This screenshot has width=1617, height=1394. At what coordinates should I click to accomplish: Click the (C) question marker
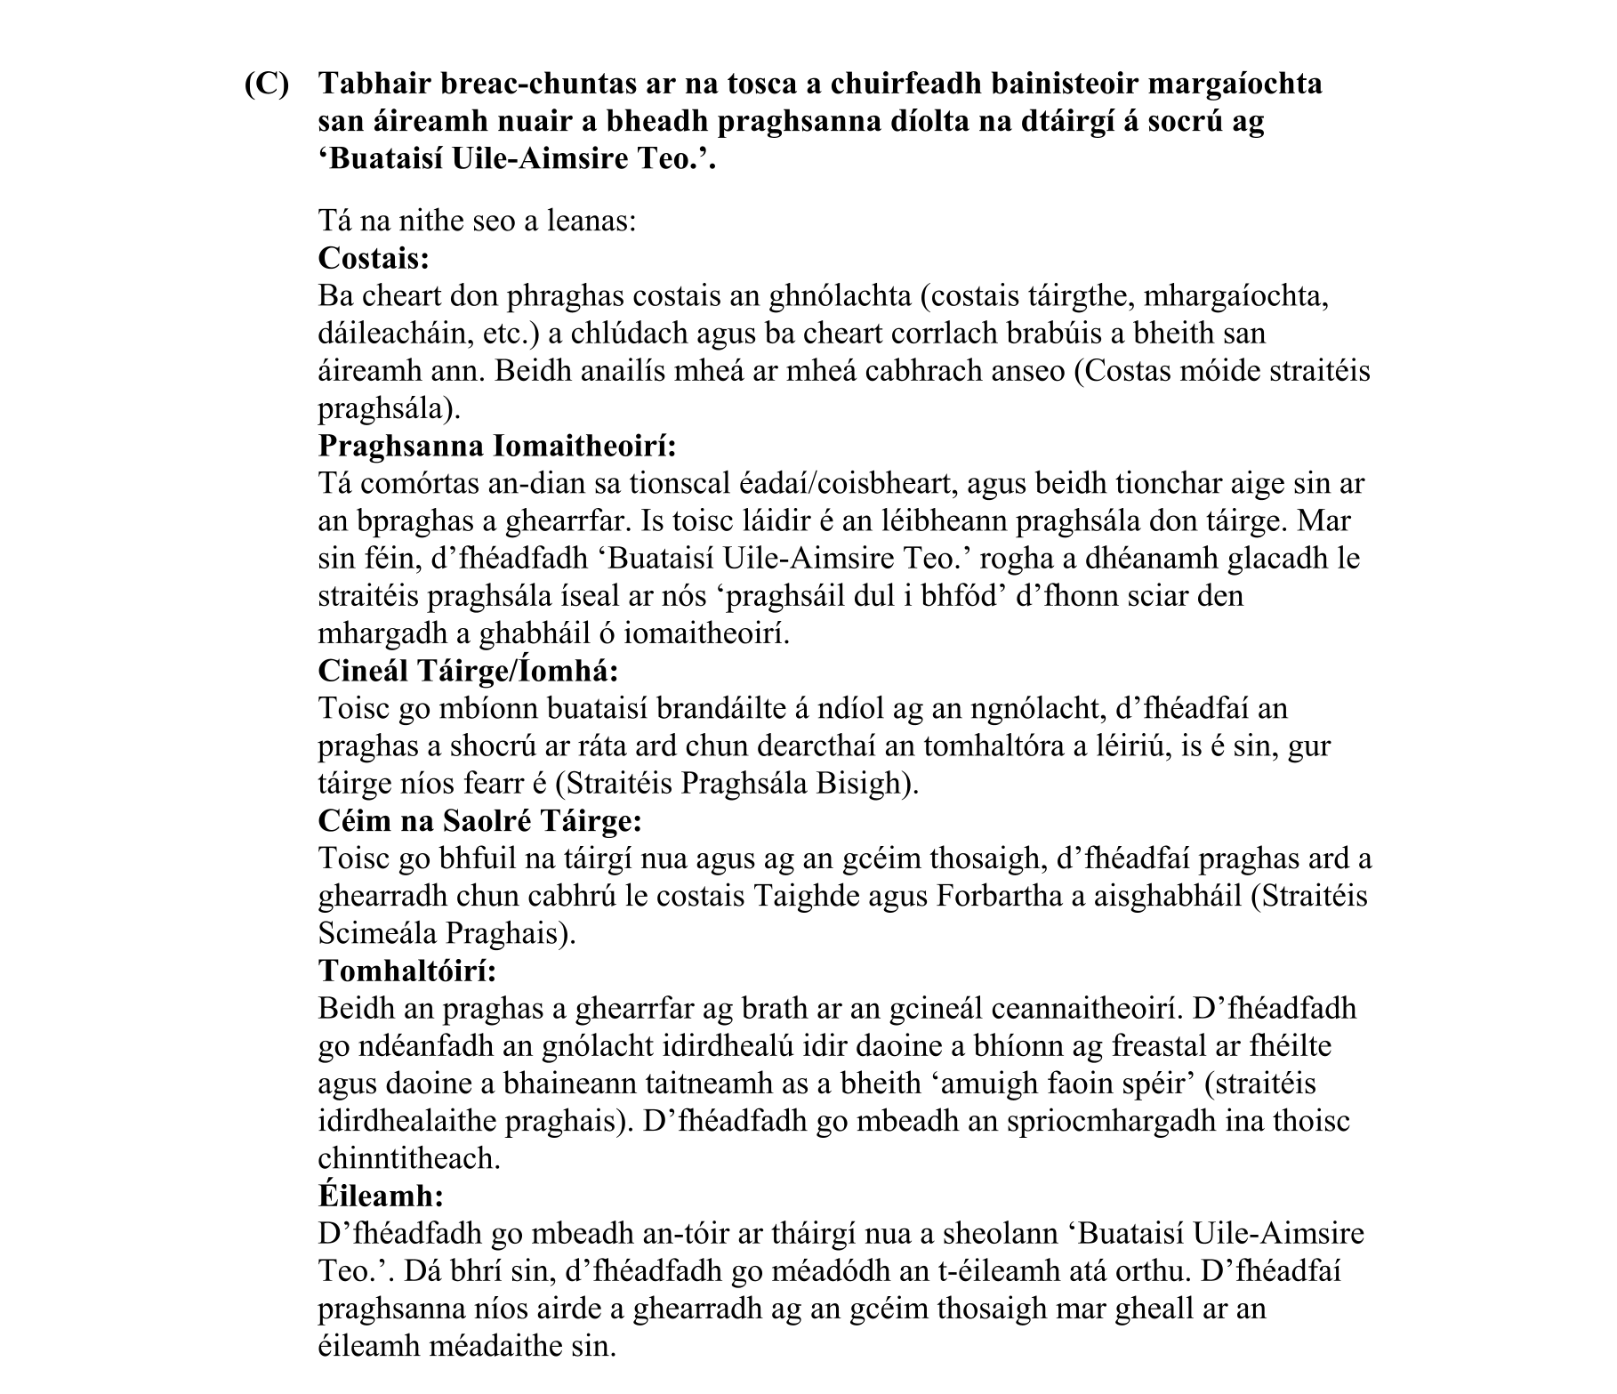click(x=267, y=85)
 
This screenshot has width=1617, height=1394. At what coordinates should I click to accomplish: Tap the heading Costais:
click(x=374, y=259)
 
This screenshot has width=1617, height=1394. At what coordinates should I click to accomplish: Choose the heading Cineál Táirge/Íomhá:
click(x=468, y=671)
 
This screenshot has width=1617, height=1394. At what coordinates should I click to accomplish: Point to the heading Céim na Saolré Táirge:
click(x=479, y=820)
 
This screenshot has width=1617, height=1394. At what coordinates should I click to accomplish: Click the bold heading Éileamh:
click(x=380, y=1195)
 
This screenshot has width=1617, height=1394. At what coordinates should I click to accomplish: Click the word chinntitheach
click(x=408, y=1158)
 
